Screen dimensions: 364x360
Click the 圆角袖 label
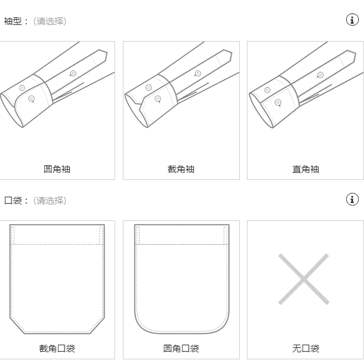[x=57, y=169]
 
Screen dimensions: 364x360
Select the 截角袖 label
[x=181, y=169]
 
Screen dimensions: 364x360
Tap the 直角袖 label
[x=306, y=169]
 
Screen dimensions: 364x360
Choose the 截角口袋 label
[x=57, y=348]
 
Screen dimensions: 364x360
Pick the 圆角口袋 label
[x=181, y=348]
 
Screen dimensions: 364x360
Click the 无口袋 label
[x=306, y=348]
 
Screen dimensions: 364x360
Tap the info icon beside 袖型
[x=352, y=19]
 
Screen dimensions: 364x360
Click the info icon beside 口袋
[x=352, y=199]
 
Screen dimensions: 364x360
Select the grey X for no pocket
[x=304, y=279]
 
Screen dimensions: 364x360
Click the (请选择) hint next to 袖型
[x=50, y=21]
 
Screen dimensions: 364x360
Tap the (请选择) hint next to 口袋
[x=50, y=200]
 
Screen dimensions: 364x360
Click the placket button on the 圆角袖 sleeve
[x=73, y=74]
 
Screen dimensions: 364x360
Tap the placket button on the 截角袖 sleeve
[x=198, y=74]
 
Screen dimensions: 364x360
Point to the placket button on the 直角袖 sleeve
[x=320, y=75]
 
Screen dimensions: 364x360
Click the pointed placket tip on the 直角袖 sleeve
[x=356, y=53]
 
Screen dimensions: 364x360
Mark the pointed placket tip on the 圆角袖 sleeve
[x=107, y=53]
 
